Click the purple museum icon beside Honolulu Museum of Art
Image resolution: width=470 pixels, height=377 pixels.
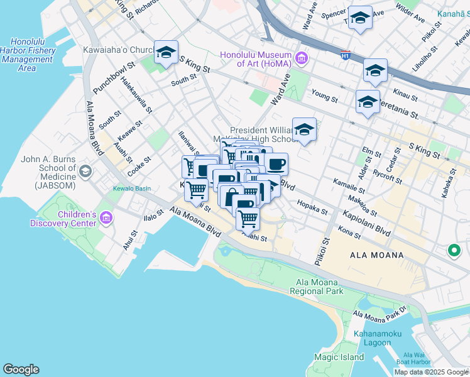pos(302,59)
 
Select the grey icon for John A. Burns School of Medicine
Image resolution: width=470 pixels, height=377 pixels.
pos(85,170)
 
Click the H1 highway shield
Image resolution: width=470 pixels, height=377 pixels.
pos(345,55)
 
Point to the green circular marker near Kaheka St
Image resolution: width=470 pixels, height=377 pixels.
pos(453,251)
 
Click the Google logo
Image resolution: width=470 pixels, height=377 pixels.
pos(21,369)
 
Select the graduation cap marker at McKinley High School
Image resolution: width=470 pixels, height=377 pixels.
pos(305,130)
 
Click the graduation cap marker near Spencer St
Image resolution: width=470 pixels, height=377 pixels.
pos(360,18)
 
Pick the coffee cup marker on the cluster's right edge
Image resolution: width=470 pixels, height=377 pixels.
pos(276,165)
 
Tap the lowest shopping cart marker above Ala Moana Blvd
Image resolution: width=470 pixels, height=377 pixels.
pos(248,219)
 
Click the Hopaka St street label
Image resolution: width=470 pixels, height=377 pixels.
pos(312,207)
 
